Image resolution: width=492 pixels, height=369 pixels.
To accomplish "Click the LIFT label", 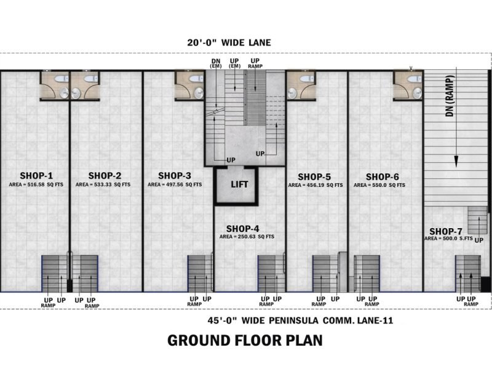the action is pyautogui.click(x=239, y=184).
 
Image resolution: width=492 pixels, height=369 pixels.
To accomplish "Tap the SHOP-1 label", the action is pyautogui.click(x=36, y=175).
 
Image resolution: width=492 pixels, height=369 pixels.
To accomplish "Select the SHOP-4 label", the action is pyautogui.click(x=242, y=229).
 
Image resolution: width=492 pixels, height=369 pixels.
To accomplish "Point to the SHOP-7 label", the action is pyautogui.click(x=445, y=232).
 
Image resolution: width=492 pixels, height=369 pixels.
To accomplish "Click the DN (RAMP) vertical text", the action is pyautogui.click(x=450, y=96).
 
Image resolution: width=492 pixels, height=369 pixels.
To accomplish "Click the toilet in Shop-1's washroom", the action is pyautogui.click(x=59, y=79).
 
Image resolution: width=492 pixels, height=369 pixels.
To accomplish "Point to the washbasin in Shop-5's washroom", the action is pyautogui.click(x=292, y=93).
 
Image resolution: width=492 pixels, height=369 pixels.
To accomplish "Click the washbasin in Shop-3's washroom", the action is pyautogui.click(x=199, y=93).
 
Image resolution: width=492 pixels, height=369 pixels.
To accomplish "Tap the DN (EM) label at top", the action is pyautogui.click(x=216, y=63).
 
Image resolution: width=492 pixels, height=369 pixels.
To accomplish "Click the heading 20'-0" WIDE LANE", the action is pyautogui.click(x=229, y=42).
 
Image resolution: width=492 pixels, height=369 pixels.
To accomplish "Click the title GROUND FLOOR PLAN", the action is pyautogui.click(x=245, y=341).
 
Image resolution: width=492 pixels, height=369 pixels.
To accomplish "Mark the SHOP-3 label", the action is pyautogui.click(x=175, y=175).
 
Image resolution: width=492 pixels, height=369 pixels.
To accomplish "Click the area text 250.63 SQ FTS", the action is pyautogui.click(x=247, y=237).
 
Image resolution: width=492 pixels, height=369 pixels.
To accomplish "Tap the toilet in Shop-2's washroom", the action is pyautogui.click(x=91, y=79).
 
